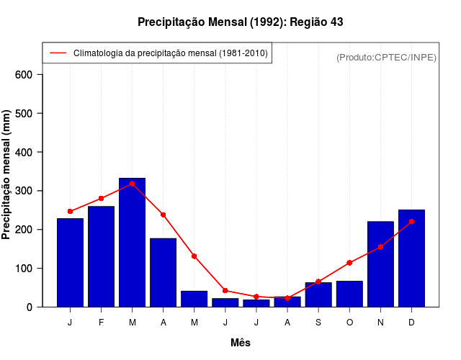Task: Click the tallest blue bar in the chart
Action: (x=133, y=242)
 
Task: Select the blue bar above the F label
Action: (x=101, y=256)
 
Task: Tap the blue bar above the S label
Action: (x=318, y=294)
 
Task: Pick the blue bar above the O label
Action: (x=349, y=294)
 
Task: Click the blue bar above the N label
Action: (x=380, y=264)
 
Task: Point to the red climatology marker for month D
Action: (x=411, y=222)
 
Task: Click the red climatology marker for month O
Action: (x=349, y=263)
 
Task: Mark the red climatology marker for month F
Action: (x=101, y=198)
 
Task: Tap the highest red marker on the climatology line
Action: (x=133, y=184)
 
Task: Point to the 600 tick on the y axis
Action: (x=29, y=75)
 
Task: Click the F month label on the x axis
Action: (x=101, y=323)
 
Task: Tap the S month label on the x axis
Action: (x=318, y=323)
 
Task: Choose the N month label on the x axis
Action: (x=380, y=323)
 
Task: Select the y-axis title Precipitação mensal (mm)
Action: (x=7, y=174)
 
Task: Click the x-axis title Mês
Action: (x=240, y=343)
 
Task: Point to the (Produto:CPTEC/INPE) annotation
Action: (x=386, y=57)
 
